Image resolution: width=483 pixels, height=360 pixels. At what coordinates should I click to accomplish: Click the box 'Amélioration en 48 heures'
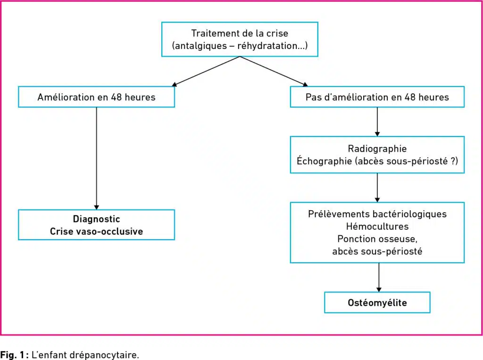click(96, 97)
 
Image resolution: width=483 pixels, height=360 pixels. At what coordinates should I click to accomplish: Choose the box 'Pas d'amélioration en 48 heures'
click(377, 97)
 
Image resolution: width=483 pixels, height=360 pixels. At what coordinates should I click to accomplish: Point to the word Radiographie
click(377, 148)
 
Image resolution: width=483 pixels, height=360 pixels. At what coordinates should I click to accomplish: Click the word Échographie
click(324, 161)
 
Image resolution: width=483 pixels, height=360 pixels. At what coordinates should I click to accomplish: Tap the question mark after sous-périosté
click(452, 161)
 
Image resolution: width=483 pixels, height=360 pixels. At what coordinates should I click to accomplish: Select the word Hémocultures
click(377, 227)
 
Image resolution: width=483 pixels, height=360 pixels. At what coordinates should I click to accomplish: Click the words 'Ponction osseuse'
click(376, 239)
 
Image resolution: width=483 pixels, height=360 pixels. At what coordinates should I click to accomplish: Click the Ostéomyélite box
click(377, 303)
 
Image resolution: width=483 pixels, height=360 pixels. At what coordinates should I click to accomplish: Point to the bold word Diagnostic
click(96, 219)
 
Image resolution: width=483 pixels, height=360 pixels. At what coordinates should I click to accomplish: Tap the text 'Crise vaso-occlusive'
click(96, 231)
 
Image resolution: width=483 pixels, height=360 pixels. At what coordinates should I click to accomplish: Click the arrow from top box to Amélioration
click(206, 71)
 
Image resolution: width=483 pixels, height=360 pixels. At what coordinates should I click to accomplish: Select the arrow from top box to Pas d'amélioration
click(274, 71)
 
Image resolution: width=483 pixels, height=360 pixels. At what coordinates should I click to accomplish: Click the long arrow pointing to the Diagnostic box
click(96, 158)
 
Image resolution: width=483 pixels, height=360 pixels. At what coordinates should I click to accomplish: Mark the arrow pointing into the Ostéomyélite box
click(379, 277)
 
